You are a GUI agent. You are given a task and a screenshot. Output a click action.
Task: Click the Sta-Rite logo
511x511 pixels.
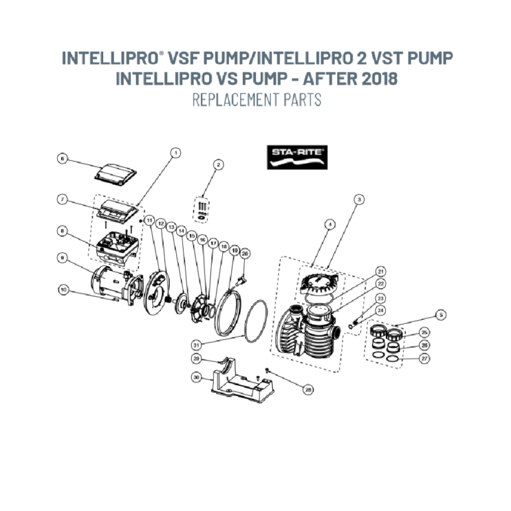pos(297,158)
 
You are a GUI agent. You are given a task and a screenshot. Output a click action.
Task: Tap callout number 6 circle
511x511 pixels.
pos(63,159)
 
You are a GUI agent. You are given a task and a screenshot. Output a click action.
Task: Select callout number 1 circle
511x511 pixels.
pos(176,152)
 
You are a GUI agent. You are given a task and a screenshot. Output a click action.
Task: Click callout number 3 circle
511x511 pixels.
pos(359,199)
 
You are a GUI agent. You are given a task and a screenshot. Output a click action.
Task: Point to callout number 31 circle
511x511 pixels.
pos(196,345)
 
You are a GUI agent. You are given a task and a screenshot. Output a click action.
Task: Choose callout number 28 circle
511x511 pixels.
pos(308,389)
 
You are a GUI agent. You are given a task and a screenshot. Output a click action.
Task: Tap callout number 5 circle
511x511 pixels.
pos(441,315)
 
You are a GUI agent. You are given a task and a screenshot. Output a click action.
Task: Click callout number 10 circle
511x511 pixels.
pos(64,289)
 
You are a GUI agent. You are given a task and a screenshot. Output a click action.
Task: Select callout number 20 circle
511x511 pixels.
pos(245,254)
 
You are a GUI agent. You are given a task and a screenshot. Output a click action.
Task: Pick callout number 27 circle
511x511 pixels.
pos(425,359)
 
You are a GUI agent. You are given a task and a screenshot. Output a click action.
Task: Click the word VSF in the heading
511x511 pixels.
pos(181,58)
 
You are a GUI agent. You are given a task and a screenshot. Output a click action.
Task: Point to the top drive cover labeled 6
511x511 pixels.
pos(115,174)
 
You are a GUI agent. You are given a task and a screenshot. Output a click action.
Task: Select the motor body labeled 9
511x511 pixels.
pos(117,285)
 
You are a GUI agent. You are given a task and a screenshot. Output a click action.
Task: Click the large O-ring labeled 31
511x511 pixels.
pos(255,321)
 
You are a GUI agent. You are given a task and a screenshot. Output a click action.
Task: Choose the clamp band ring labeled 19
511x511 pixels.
pos(228,312)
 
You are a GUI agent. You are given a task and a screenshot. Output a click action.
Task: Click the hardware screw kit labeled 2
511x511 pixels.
pos(202,210)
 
